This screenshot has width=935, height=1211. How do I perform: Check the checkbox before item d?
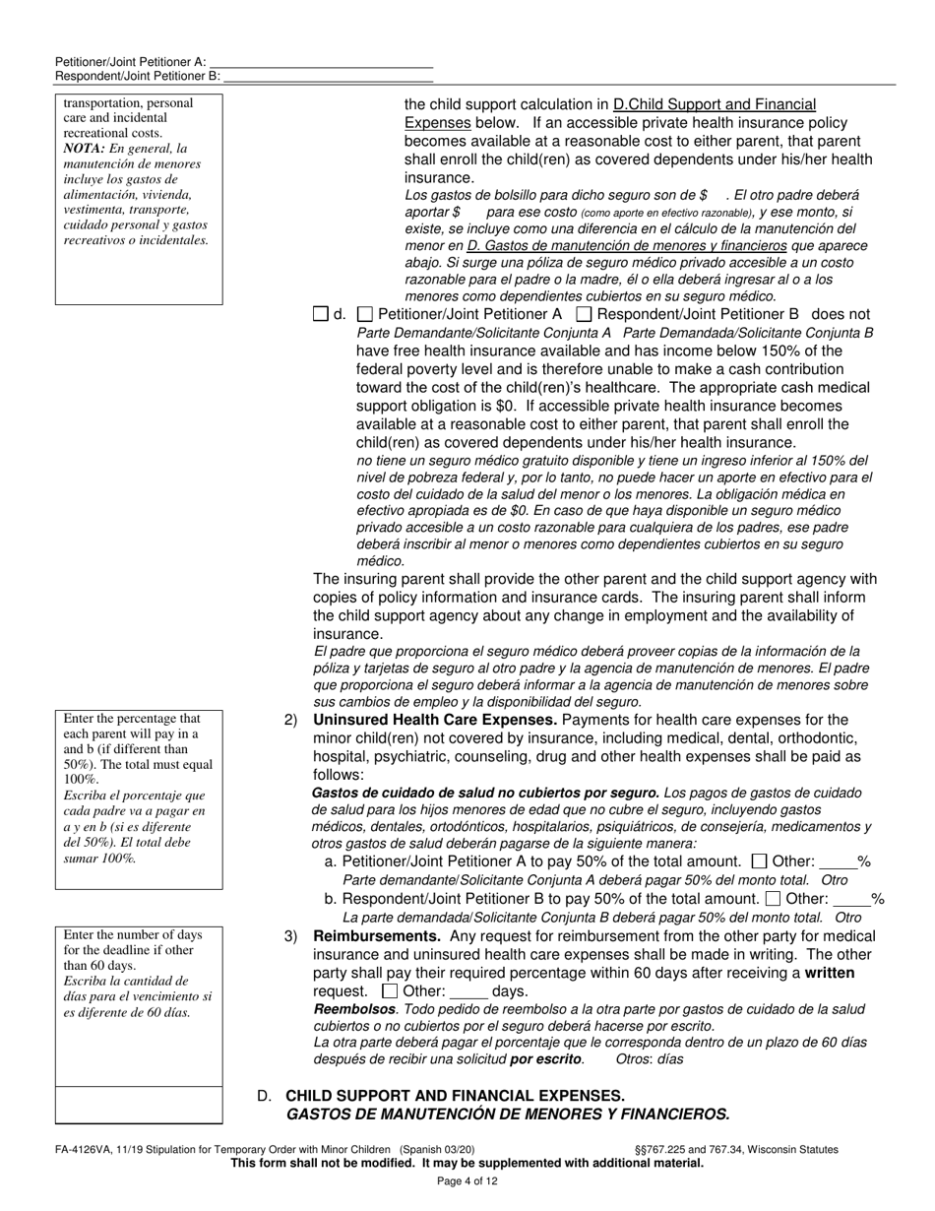point(320,314)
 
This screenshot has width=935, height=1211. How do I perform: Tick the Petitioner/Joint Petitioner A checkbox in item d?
point(364,314)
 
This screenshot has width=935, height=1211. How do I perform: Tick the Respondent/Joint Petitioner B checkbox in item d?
point(584,314)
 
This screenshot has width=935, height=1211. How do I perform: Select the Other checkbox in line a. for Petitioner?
point(759,861)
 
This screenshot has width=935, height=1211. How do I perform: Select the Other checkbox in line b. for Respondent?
point(773,898)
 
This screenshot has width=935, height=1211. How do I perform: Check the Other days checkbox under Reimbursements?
point(390,991)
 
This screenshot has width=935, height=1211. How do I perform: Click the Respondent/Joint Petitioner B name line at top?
point(328,76)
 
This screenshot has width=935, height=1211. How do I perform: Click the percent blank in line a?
point(838,862)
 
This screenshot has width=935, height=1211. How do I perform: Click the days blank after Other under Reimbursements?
point(468,992)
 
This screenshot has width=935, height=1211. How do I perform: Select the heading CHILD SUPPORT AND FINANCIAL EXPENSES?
point(455,1096)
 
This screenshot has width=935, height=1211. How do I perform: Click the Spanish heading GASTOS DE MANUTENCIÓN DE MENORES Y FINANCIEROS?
point(508,1115)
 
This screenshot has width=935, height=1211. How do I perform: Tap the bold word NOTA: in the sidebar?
point(84,149)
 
